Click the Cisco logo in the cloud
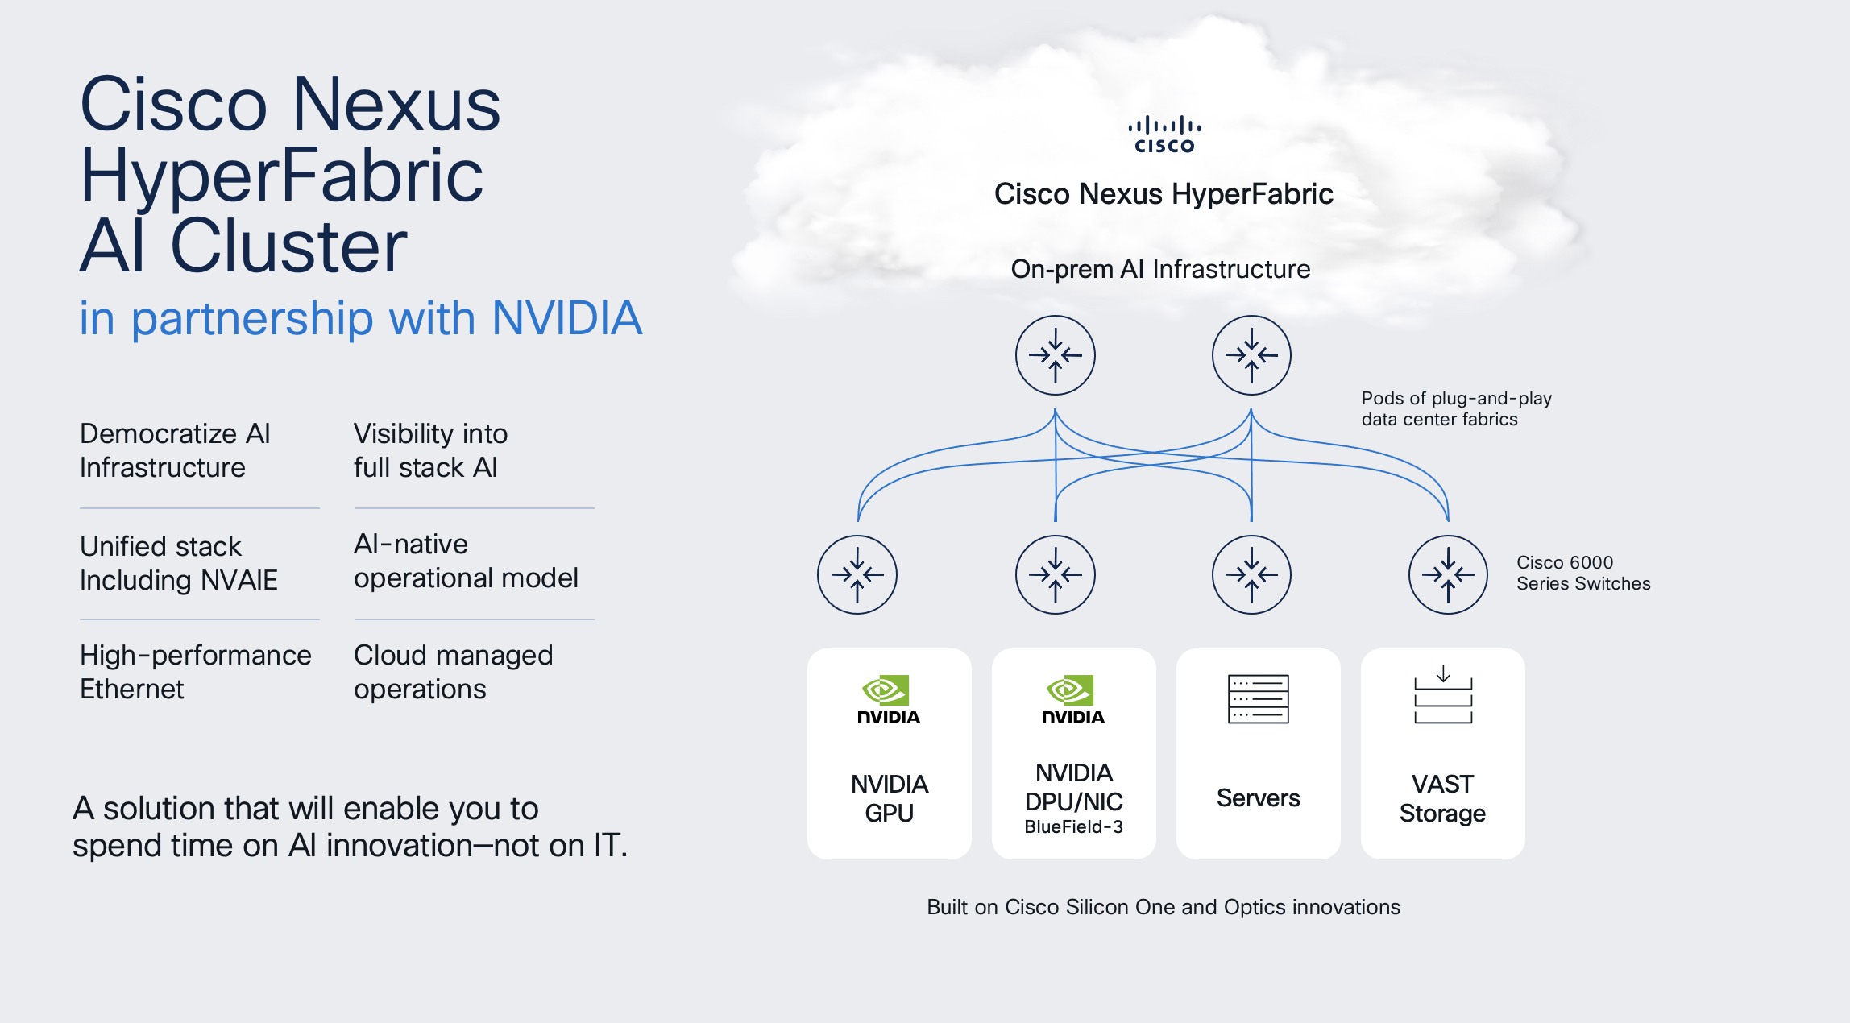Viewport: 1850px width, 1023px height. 1164,135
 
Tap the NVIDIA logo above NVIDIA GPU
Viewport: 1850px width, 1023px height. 888,699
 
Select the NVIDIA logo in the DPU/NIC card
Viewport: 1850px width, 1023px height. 1072,699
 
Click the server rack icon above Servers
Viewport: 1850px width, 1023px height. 1258,698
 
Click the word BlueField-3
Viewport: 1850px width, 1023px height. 1073,826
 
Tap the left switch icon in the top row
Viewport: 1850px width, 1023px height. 1055,355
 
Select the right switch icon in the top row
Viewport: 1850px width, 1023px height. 1251,355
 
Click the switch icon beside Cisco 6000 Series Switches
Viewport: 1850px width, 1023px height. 1448,574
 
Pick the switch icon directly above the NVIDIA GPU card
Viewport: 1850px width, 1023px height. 857,574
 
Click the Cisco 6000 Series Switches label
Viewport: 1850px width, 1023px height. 1582,573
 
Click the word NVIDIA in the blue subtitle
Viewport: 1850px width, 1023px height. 566,318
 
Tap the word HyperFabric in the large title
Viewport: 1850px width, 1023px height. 281,175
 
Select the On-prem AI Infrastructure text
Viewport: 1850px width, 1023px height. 1160,269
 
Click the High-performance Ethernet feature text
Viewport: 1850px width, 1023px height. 195,672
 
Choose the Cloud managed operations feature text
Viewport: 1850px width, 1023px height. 453,672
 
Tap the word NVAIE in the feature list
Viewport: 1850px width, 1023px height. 239,580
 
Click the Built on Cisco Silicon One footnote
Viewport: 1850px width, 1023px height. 1163,907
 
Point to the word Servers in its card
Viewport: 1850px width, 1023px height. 1258,797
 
